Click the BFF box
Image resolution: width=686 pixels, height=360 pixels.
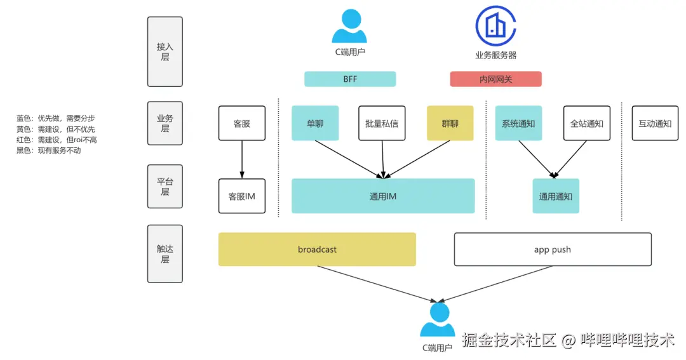point(350,79)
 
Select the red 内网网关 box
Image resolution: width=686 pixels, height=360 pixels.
point(495,79)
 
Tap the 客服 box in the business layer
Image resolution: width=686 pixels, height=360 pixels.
point(241,123)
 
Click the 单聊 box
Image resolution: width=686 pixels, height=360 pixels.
point(315,123)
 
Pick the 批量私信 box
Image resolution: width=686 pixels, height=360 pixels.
point(382,123)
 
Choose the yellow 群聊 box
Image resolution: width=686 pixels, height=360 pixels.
point(450,123)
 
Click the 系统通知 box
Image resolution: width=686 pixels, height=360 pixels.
point(518,123)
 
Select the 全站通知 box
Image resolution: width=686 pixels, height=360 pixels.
point(586,123)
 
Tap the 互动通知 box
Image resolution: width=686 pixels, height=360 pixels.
point(655,123)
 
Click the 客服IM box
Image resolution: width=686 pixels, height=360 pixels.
point(241,196)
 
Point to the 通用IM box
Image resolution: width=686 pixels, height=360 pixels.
point(383,196)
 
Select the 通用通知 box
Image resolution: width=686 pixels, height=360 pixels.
point(556,196)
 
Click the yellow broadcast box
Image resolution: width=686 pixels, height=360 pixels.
point(317,250)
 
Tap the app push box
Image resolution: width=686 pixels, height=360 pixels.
point(553,250)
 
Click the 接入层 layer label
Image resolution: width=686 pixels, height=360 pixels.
point(165,51)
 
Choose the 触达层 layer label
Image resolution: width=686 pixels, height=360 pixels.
point(165,254)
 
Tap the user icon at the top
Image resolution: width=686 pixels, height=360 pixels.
point(349,26)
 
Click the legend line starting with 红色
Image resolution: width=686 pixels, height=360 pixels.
point(57,140)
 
